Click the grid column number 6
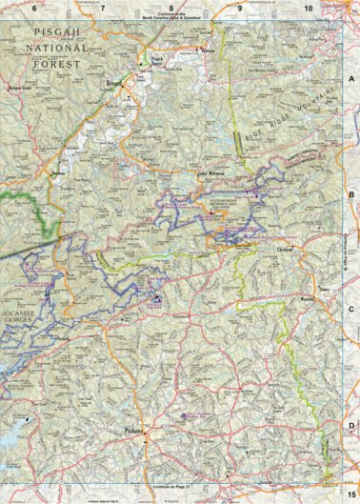tap(34, 8)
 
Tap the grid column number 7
tap(102, 8)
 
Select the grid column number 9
tap(239, 8)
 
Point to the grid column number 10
tap(308, 8)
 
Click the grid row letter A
tap(350, 78)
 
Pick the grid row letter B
tap(350, 194)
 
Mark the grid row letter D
tap(350, 426)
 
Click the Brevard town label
tap(116, 84)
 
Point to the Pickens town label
tap(133, 431)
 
